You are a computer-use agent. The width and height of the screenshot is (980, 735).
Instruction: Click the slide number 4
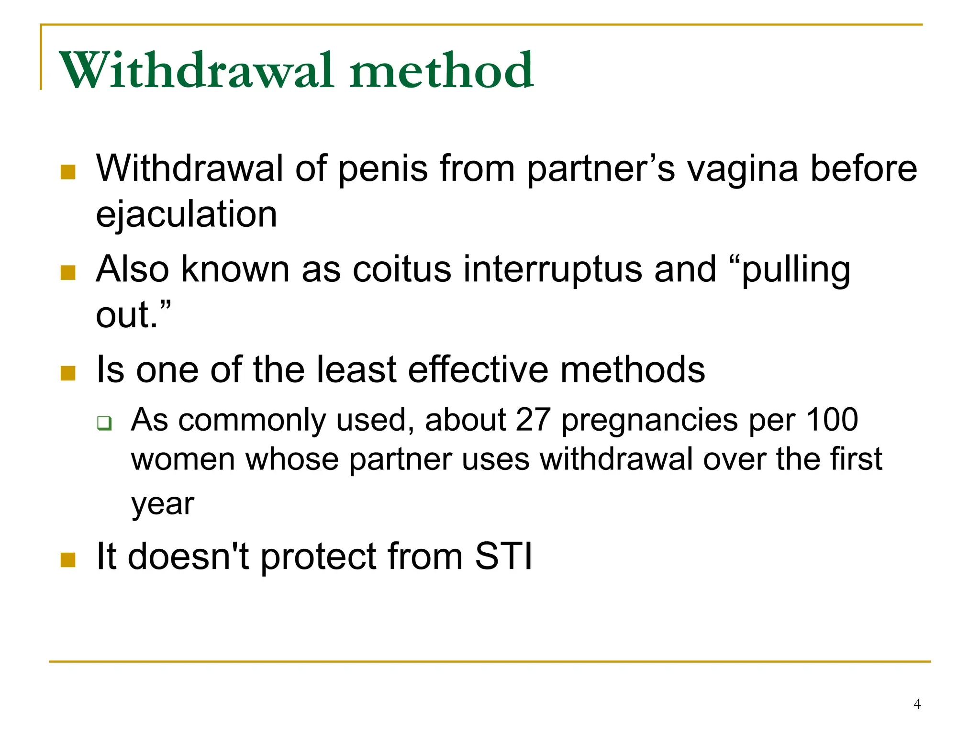pos(917,704)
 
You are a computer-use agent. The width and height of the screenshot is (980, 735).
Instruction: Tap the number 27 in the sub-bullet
pos(533,420)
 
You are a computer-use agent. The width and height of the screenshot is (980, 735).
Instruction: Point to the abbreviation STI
pos(503,556)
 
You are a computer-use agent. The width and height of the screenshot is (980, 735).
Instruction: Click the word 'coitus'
pos(402,269)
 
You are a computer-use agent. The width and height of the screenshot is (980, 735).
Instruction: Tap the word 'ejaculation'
pos(187,214)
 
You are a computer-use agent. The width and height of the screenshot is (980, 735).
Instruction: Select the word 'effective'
pos(478,370)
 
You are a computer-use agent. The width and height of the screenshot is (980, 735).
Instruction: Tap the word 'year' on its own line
pos(163,504)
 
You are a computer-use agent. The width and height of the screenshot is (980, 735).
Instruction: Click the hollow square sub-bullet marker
pos(104,423)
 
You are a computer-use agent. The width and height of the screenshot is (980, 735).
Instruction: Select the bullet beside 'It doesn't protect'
pos(68,559)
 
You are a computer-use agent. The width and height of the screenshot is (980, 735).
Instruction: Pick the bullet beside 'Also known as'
pos(68,273)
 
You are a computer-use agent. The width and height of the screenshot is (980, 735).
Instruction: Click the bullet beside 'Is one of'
pos(68,373)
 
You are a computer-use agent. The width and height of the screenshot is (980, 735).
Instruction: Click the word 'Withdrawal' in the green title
pos(196,71)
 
